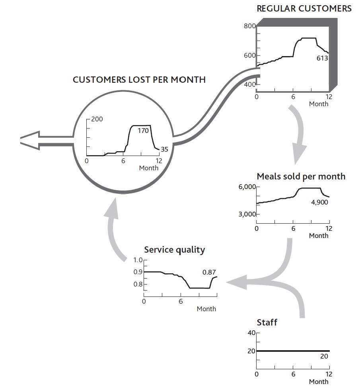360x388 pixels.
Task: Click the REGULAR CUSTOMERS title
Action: coord(304,8)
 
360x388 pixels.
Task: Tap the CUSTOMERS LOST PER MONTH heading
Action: coord(139,80)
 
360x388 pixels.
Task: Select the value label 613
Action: coord(322,58)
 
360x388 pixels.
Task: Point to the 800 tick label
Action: coord(249,26)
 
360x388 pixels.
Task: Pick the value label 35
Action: coord(164,150)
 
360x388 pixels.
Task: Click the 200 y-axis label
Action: coord(97,119)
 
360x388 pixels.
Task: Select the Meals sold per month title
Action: coord(301,176)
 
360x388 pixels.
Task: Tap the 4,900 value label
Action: coord(320,202)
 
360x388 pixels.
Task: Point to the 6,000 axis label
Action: coord(247,187)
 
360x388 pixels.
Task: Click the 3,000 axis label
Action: coord(247,214)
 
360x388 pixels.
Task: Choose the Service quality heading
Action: coord(174,250)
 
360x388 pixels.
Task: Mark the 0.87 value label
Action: coord(209,272)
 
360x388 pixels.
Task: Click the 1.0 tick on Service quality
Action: coord(138,260)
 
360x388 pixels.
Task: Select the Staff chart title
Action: coord(267,322)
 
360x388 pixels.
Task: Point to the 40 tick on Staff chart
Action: coord(251,333)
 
